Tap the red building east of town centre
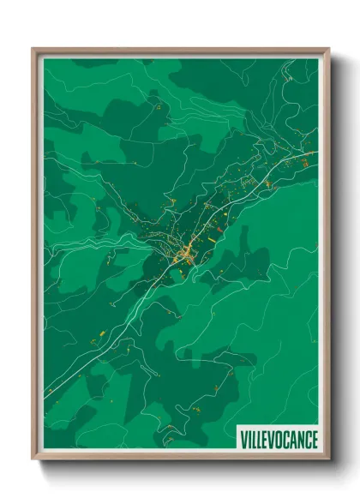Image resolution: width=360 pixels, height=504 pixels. click(220, 229)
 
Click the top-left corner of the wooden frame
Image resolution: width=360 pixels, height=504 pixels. click(33, 49)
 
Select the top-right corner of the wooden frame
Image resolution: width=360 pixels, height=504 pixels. click(328, 49)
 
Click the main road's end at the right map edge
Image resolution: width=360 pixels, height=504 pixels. click(316, 153)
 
